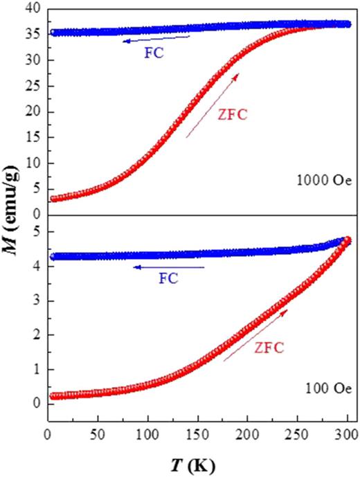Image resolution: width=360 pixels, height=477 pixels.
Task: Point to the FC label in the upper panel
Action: point(155,53)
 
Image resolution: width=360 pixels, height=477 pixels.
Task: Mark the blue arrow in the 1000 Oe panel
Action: point(156,39)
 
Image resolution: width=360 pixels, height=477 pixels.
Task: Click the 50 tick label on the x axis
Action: point(97,435)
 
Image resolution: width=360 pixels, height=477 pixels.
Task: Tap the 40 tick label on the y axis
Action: point(29,10)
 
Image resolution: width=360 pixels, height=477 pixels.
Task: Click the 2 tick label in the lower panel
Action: point(33,334)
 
